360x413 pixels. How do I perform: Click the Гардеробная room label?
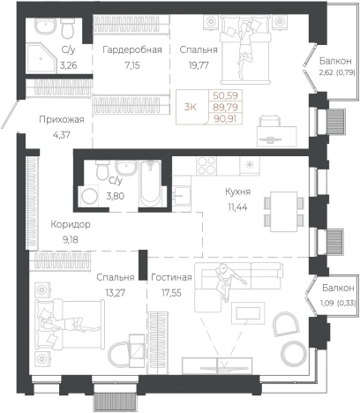pyautogui.click(x=132, y=49)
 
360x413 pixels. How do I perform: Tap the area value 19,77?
pyautogui.click(x=199, y=65)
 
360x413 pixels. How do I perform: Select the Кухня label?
pyautogui.click(x=237, y=191)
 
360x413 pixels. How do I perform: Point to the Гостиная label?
pyautogui.click(x=171, y=277)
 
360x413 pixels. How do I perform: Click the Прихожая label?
pyautogui.click(x=62, y=120)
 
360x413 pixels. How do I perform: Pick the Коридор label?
pyautogui.click(x=71, y=224)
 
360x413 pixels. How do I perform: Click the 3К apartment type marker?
pyautogui.click(x=191, y=107)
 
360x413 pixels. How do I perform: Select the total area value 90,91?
pyautogui.click(x=225, y=119)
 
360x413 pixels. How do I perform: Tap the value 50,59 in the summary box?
pyautogui.click(x=225, y=95)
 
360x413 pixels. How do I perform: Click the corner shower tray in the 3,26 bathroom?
pyautogui.click(x=41, y=58)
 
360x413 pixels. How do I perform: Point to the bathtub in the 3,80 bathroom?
pyautogui.click(x=151, y=183)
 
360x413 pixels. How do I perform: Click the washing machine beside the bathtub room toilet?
pyautogui.click(x=89, y=196)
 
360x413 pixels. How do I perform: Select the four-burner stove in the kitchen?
pyautogui.click(x=206, y=166)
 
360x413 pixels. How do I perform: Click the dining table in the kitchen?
pyautogui.click(x=284, y=211)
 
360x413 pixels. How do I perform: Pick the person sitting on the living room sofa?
pyautogui.click(x=227, y=282)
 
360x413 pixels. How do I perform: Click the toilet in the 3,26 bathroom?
pyautogui.click(x=68, y=28)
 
